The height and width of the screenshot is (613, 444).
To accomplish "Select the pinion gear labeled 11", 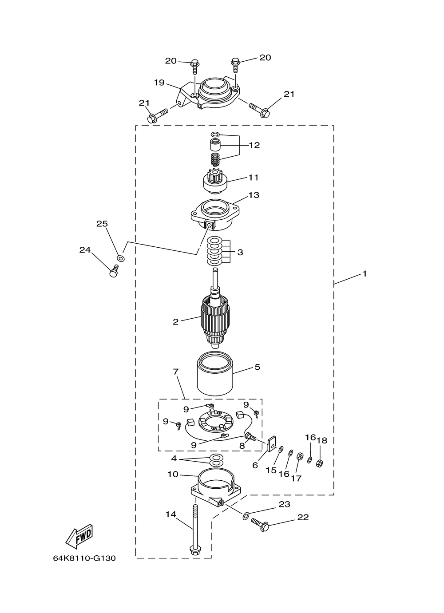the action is [216, 181].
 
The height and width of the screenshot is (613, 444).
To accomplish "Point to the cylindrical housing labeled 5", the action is [215, 374].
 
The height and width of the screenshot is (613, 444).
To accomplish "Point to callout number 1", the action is [365, 274].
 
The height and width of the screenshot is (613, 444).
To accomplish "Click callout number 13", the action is [254, 195].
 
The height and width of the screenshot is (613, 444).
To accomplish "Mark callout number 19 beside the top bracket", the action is [159, 83].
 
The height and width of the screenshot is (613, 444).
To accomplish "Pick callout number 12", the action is [254, 145].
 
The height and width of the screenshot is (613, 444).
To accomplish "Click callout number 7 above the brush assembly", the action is [176, 372].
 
